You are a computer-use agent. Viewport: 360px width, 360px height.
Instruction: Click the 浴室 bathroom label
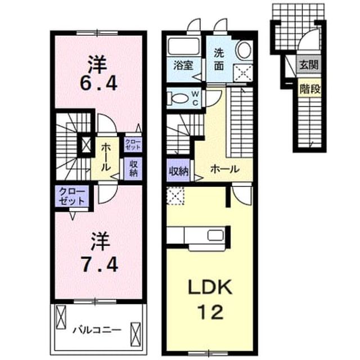click(x=183, y=66)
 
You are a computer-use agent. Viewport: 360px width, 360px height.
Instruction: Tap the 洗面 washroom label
click(x=219, y=60)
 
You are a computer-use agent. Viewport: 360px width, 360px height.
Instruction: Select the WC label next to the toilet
click(x=195, y=98)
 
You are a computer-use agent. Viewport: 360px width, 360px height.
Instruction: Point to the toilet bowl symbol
click(x=178, y=99)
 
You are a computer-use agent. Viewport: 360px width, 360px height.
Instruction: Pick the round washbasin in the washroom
click(x=244, y=50)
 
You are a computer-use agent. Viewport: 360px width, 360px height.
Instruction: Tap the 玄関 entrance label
click(x=309, y=65)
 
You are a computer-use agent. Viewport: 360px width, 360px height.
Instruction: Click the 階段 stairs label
click(x=310, y=89)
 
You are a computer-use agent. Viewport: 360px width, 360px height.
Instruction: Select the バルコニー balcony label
click(x=97, y=330)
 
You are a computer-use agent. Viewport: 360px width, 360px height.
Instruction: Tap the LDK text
click(x=210, y=287)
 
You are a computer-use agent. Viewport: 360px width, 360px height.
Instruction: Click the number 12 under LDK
click(x=210, y=312)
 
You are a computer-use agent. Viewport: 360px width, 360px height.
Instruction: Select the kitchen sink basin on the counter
click(x=215, y=236)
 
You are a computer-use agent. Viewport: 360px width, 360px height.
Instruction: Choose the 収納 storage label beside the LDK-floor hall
click(x=179, y=170)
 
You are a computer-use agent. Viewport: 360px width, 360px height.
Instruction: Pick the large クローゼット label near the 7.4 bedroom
click(x=72, y=196)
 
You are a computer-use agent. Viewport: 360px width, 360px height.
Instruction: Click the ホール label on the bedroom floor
click(x=106, y=157)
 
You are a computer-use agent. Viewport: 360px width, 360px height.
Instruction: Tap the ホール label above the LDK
click(x=225, y=169)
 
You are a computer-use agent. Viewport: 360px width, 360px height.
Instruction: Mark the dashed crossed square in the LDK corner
click(x=175, y=196)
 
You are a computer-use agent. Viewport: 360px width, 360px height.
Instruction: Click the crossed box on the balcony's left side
click(x=61, y=317)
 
